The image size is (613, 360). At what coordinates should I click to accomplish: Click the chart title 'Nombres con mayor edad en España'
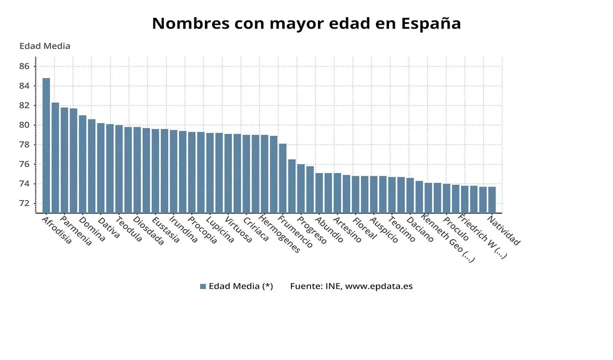point(306,23)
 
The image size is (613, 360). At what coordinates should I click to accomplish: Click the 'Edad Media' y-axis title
point(44,46)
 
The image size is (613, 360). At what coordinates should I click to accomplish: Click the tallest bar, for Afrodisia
point(46,145)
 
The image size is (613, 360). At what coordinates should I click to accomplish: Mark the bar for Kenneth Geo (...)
point(428,197)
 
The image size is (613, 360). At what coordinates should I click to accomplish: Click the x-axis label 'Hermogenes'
point(280,234)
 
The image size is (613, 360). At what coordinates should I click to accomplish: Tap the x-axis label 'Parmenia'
point(76,230)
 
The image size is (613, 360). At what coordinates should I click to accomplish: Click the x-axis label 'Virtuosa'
point(238,229)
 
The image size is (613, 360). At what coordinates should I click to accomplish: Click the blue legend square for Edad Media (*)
point(203,286)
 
